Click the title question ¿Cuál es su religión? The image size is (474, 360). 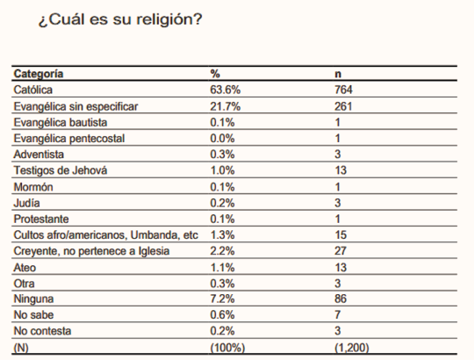point(120,20)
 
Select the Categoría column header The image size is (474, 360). point(39,74)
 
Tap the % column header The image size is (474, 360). point(215,74)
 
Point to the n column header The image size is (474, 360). point(338,75)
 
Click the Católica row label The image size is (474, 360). point(33,90)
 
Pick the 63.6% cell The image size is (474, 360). point(226,90)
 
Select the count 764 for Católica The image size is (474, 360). point(343,90)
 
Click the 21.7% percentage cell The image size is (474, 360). point(226,106)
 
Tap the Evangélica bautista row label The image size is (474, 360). point(61,122)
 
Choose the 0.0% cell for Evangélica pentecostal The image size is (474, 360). point(222,139)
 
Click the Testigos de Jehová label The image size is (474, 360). point(61,170)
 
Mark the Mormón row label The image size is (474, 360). point(33,187)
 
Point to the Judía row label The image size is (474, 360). point(26,203)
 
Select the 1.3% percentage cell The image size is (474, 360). point(222,234)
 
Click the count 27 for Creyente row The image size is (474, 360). point(341,251)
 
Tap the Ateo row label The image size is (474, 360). point(25,268)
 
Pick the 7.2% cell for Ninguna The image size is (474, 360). point(222,299)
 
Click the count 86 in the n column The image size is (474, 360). point(341,299)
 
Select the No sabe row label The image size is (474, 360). point(33,315)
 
